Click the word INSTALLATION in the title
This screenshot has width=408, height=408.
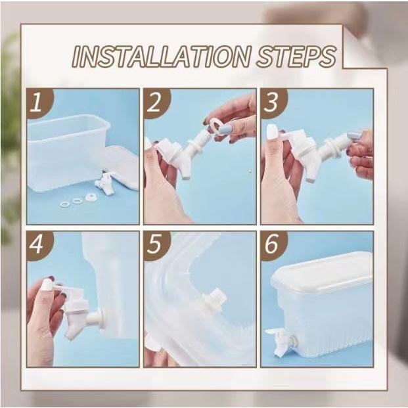(161, 57)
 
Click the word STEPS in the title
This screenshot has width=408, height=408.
(296, 57)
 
